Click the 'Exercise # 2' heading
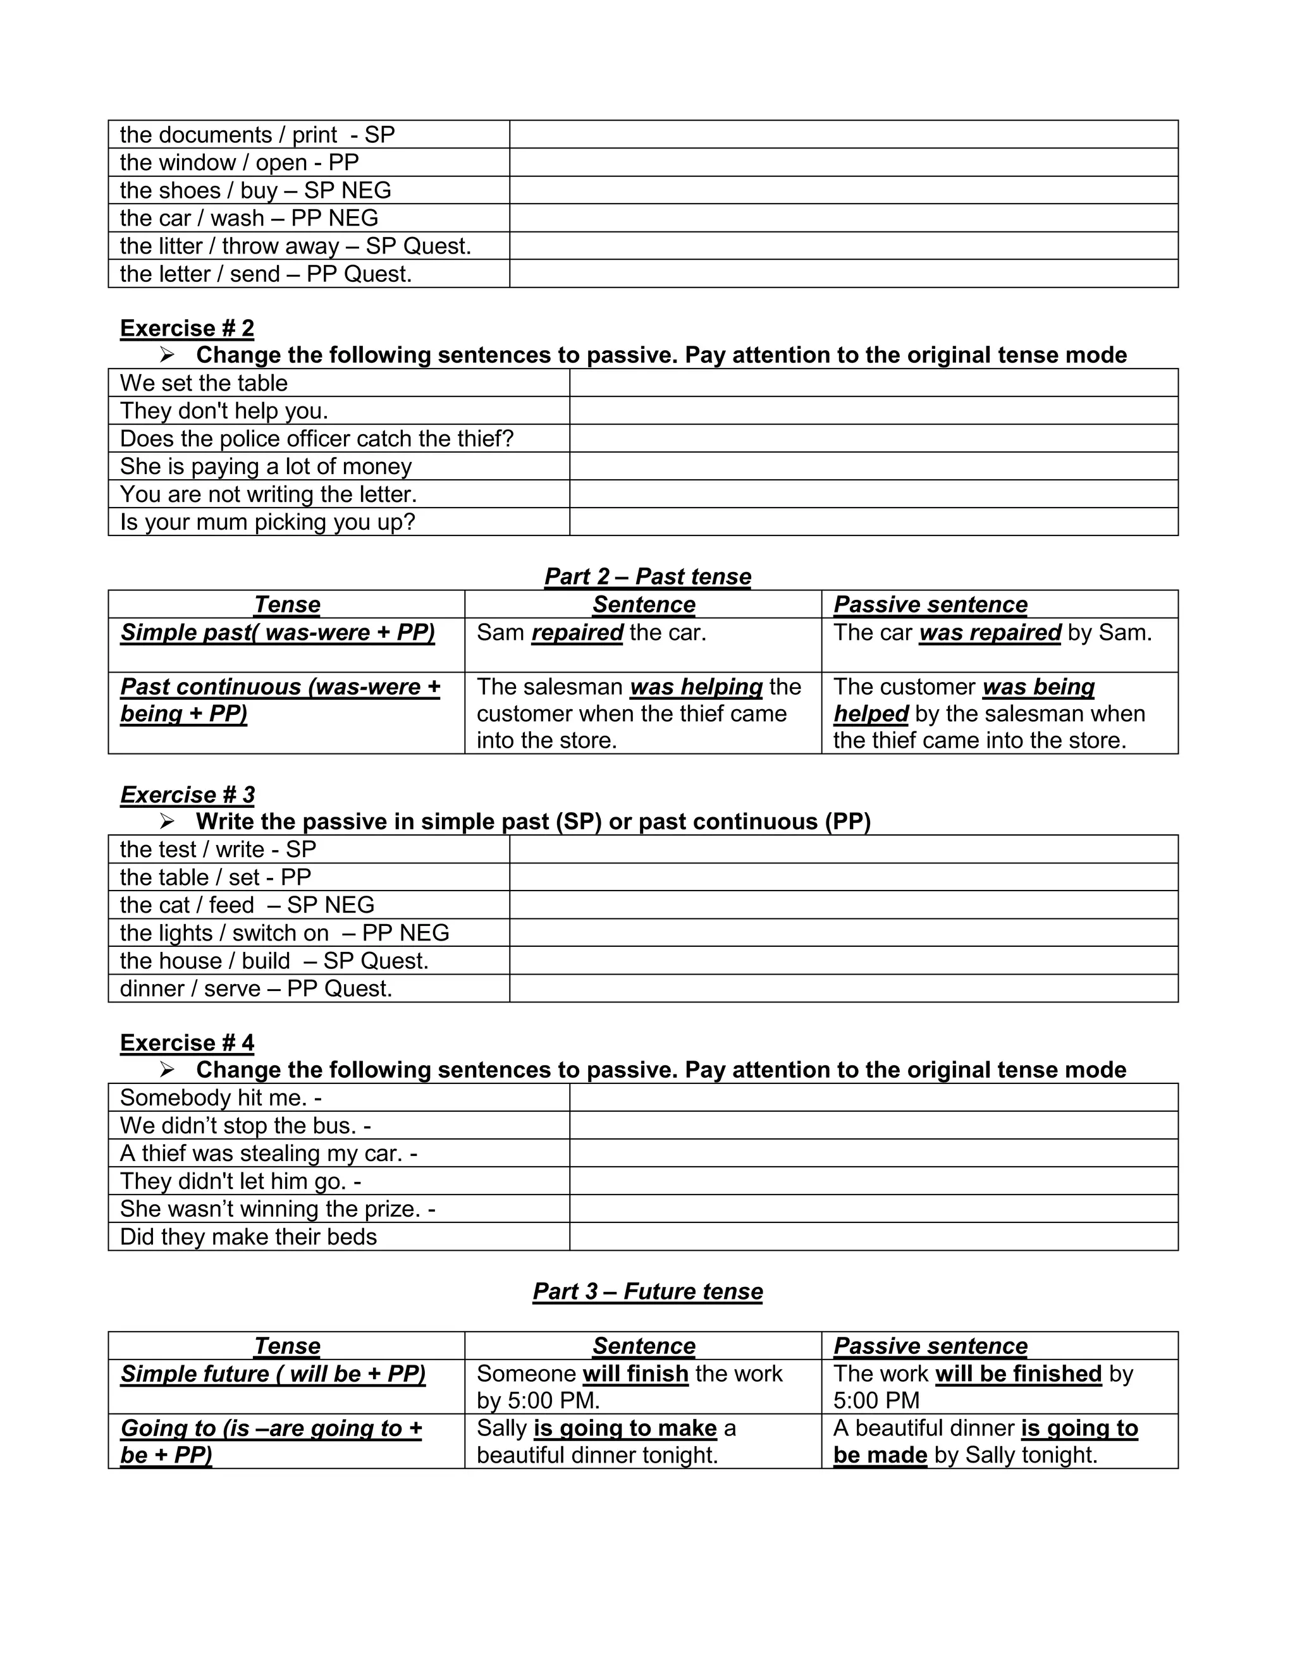pyautogui.click(x=187, y=328)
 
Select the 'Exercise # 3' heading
pyautogui.click(x=187, y=795)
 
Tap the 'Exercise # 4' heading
pyautogui.click(x=187, y=1043)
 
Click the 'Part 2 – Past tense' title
pyautogui.click(x=647, y=576)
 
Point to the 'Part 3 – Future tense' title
pyautogui.click(x=647, y=1291)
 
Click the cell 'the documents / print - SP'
pyautogui.click(x=257, y=135)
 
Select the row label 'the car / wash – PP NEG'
pyautogui.click(x=249, y=219)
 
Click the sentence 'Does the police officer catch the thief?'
pyautogui.click(x=316, y=439)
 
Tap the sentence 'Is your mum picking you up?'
pyautogui.click(x=267, y=522)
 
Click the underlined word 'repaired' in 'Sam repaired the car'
pyautogui.click(x=577, y=633)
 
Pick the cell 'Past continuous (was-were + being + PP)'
pyautogui.click(x=280, y=700)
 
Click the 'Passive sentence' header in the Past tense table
pyautogui.click(x=930, y=604)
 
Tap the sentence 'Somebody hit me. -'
pyautogui.click(x=220, y=1099)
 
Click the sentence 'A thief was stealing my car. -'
pyautogui.click(x=269, y=1154)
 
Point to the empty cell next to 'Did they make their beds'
pyautogui.click(x=873, y=1237)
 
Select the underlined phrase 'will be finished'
pyautogui.click(x=1018, y=1373)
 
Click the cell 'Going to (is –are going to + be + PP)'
pyautogui.click(x=271, y=1441)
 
